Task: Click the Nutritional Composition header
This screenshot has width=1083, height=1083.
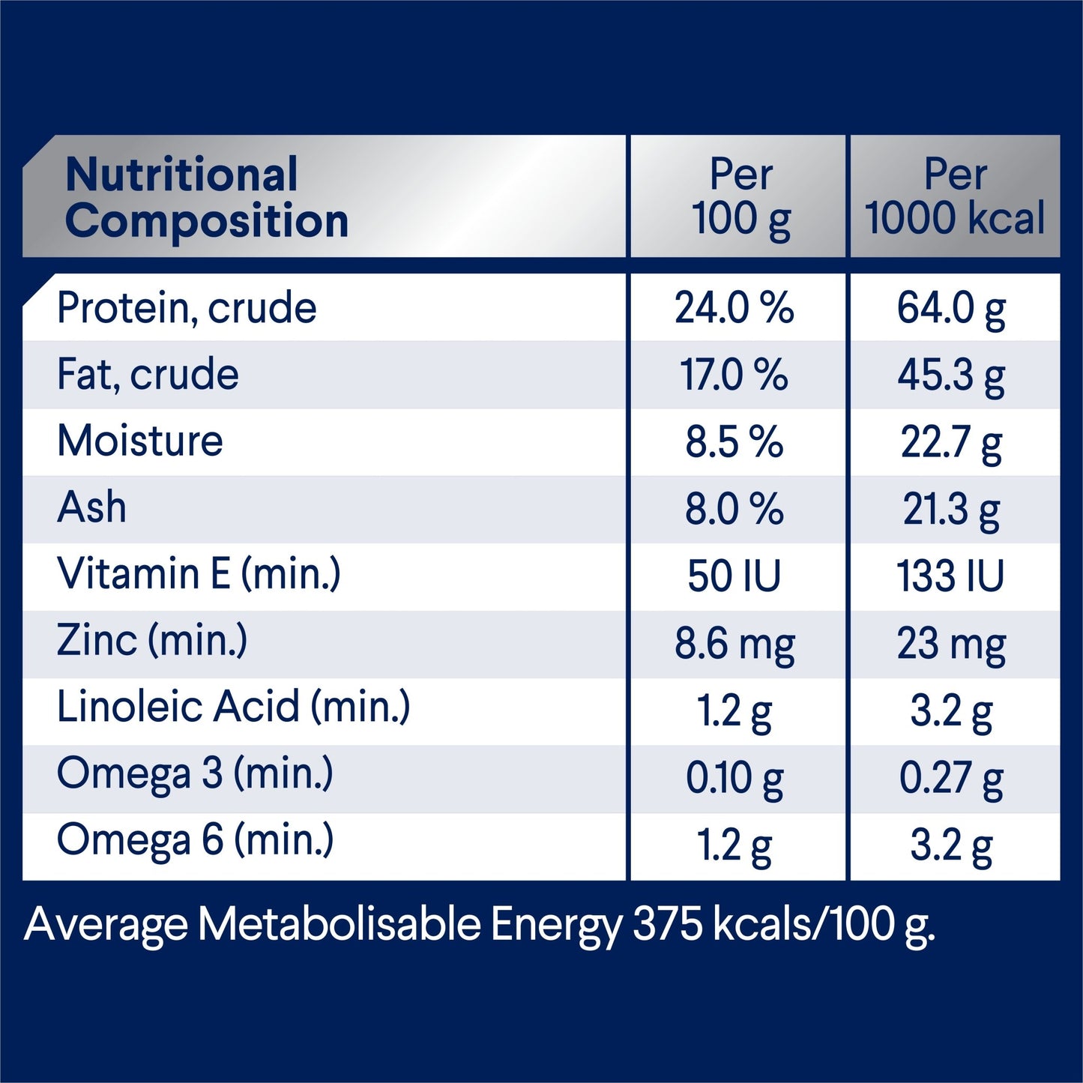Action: point(207,197)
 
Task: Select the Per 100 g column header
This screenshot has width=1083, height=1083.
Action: point(740,197)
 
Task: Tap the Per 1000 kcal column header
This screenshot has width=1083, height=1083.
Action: point(955,197)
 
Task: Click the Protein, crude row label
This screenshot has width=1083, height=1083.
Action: point(187,308)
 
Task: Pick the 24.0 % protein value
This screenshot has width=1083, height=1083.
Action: point(734,308)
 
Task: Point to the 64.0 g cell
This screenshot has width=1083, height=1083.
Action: point(951,308)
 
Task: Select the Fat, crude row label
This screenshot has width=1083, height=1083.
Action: point(148,375)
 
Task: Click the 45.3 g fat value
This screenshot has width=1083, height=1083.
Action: point(951,375)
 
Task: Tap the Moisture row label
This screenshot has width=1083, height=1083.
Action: point(140,441)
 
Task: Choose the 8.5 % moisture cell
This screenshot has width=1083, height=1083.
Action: point(734,442)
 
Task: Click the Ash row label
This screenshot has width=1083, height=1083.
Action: point(91,507)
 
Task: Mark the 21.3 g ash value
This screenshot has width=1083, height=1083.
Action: point(951,510)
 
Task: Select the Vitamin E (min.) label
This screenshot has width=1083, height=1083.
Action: point(199,574)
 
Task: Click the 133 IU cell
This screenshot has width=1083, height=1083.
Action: point(950,576)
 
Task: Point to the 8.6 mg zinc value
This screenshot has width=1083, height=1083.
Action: point(734,644)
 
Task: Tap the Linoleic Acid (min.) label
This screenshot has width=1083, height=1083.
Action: point(233,707)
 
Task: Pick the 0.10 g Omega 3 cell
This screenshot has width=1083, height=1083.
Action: point(734,778)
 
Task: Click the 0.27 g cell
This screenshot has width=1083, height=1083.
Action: point(951,778)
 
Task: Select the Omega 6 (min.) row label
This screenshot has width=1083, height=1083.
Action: point(195,840)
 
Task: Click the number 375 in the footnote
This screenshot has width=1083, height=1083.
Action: point(668,924)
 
